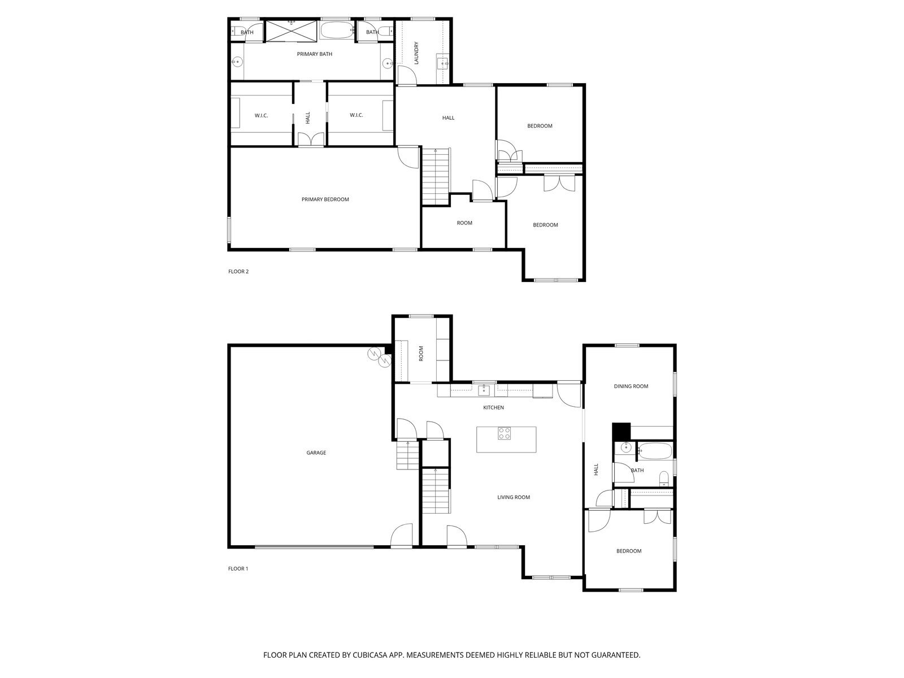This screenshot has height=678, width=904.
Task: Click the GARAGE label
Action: pos(316,453)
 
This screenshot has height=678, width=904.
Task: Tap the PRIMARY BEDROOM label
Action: pos(325,199)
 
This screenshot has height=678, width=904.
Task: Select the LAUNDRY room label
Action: pos(416,53)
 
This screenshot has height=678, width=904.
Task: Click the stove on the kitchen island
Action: pos(504,433)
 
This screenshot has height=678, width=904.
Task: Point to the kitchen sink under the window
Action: pos(484,390)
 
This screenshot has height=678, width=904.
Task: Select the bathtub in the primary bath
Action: pos(336,31)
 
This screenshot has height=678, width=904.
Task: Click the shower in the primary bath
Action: pos(291,31)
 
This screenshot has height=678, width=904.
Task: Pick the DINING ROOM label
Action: pos(631,386)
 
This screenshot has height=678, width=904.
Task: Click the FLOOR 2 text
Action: pos(238,271)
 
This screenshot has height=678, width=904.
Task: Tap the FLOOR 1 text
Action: pos(238,569)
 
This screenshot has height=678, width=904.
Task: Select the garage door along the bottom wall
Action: pos(314,547)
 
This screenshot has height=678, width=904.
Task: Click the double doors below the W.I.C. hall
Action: pos(310,140)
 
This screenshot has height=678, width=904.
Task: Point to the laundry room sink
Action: pos(442,62)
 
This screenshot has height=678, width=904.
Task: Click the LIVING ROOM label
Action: pos(513,497)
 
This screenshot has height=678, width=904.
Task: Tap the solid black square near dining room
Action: pos(621,431)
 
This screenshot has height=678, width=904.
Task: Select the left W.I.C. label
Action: pos(261,115)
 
